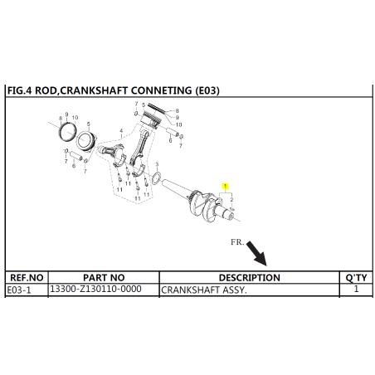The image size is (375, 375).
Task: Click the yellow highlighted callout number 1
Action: [226, 186]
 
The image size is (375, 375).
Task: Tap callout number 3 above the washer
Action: [157, 165]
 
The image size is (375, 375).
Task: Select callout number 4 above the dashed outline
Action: [121, 131]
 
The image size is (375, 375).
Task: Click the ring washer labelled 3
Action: [156, 178]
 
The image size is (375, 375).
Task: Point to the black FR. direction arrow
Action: [256, 253]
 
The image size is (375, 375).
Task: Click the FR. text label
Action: [237, 242]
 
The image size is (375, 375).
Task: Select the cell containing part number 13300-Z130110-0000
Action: [104, 290]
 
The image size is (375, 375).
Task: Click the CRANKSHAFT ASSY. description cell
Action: [249, 290]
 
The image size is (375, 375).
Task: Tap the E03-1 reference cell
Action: [27, 290]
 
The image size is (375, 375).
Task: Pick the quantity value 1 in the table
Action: [356, 289]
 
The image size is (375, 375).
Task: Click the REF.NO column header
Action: [27, 277]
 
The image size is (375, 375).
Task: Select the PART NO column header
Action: [104, 277]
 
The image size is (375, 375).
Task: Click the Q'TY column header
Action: [356, 277]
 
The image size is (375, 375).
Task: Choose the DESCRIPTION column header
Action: [250, 277]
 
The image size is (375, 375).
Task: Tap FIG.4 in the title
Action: [20, 90]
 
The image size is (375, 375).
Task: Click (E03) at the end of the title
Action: [207, 90]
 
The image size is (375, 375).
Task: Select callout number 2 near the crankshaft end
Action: [231, 199]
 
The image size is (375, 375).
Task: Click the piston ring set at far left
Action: [68, 131]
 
